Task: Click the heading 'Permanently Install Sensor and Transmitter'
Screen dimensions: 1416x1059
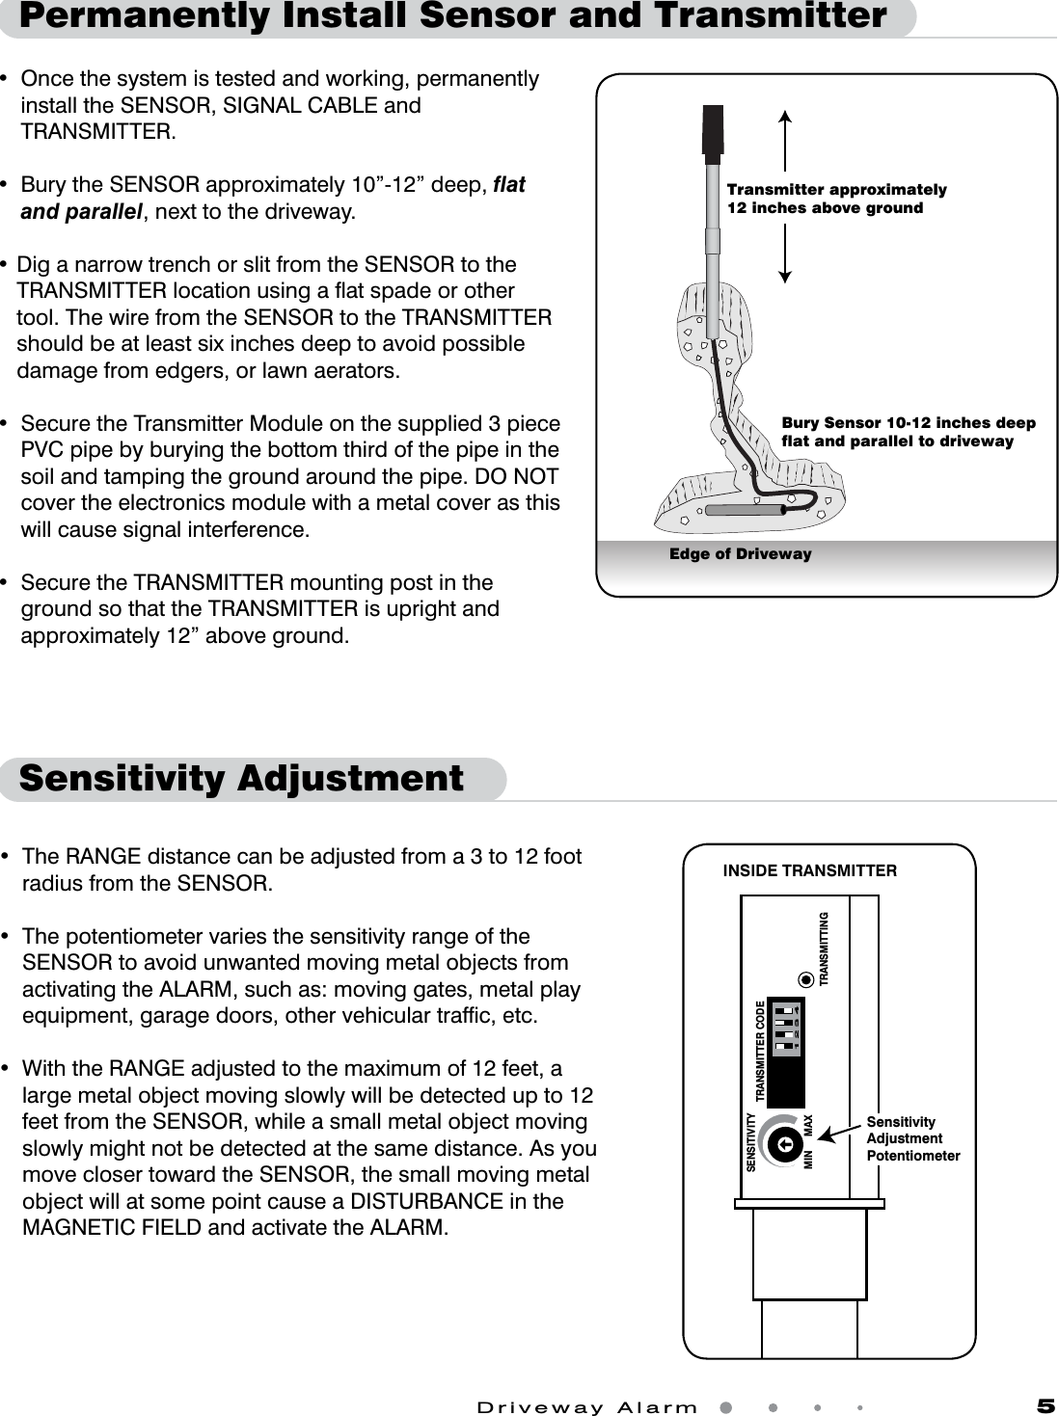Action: pyautogui.click(x=453, y=16)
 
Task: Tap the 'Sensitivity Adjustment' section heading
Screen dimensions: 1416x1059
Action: pyautogui.click(x=241, y=778)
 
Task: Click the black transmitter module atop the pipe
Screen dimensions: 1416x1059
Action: pyautogui.click(x=713, y=129)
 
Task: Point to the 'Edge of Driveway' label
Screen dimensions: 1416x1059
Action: pyautogui.click(x=740, y=554)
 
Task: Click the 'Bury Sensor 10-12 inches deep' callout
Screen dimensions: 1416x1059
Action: pyautogui.click(x=908, y=432)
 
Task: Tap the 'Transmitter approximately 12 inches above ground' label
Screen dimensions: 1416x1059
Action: pyautogui.click(x=836, y=199)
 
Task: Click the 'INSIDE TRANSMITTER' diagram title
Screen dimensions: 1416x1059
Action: pyautogui.click(x=809, y=871)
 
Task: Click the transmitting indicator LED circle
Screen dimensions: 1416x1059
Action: pyautogui.click(x=805, y=981)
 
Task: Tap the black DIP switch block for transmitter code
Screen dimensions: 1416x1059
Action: pyautogui.click(x=785, y=1052)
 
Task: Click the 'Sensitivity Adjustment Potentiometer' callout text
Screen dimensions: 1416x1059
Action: pyautogui.click(x=912, y=1138)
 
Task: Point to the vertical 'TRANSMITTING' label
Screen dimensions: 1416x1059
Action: pyautogui.click(x=825, y=948)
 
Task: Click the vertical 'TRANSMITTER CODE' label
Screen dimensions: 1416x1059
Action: pyautogui.click(x=760, y=1052)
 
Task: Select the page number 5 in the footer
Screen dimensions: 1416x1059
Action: pyautogui.click(x=1045, y=1406)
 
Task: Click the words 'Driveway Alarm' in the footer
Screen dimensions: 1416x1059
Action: pyautogui.click(x=587, y=1407)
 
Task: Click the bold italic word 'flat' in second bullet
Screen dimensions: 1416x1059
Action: pyautogui.click(x=509, y=185)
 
